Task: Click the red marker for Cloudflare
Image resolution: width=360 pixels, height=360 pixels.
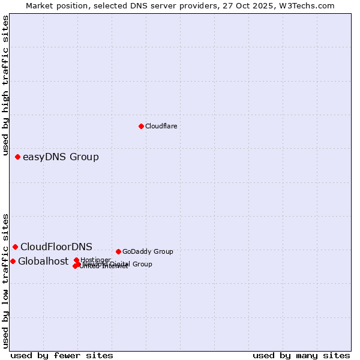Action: [x=141, y=126]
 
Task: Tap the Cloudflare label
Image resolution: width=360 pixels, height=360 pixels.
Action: [x=161, y=126]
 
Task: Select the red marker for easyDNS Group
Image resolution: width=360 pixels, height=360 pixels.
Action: [x=17, y=157]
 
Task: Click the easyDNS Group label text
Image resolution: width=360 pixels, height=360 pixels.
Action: [x=61, y=157]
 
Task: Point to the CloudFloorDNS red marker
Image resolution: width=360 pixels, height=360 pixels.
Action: [x=15, y=247]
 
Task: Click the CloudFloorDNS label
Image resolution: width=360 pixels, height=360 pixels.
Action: [x=56, y=247]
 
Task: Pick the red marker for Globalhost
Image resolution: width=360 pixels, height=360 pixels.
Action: [x=13, y=261]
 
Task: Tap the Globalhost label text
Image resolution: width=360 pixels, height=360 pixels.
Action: [x=43, y=261]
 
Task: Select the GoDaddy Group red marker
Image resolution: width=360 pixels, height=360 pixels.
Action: [x=118, y=251]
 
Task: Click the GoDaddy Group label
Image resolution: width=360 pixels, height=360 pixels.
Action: [x=148, y=251]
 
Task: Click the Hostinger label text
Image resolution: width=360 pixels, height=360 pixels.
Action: [x=96, y=260]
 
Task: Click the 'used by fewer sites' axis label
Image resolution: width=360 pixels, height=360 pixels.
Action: [x=62, y=355]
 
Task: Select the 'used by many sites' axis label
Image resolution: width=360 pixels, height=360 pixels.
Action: [x=301, y=355]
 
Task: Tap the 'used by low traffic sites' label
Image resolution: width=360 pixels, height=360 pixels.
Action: [x=5, y=280]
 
